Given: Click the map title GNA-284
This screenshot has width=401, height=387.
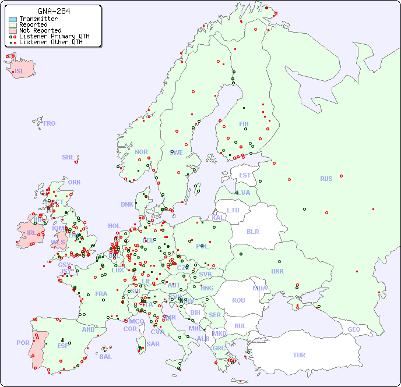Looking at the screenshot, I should click(54, 11).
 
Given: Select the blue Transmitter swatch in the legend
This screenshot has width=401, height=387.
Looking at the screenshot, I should click(13, 19).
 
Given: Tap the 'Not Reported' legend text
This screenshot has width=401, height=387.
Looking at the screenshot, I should click(40, 31).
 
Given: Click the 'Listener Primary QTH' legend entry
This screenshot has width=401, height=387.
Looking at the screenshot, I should click(54, 37).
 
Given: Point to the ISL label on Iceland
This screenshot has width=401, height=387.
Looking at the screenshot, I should click(20, 72).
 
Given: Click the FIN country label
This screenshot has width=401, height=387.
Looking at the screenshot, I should click(244, 124).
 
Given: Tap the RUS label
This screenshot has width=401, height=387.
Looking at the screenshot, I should click(326, 179).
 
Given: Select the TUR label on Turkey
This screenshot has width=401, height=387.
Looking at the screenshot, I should click(299, 355).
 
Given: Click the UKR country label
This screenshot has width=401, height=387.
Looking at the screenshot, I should click(277, 271).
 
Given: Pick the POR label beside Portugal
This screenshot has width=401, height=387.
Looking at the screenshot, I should click(23, 343).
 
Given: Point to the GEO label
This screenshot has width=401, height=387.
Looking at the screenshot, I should click(354, 329).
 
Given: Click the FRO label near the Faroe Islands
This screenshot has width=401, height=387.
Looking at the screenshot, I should click(49, 123).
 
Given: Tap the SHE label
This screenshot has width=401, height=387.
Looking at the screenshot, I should click(68, 157).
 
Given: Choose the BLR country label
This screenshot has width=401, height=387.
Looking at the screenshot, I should click(253, 231).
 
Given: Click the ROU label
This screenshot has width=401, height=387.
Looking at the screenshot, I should click(238, 300).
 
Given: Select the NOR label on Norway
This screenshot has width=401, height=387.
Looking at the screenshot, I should click(141, 152).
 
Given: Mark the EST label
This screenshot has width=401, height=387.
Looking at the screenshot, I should click(245, 175).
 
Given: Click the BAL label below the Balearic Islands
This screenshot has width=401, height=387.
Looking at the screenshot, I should click(105, 357).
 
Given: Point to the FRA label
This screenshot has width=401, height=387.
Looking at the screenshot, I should click(101, 294).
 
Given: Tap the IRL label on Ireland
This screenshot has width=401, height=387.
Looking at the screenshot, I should click(31, 233).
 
